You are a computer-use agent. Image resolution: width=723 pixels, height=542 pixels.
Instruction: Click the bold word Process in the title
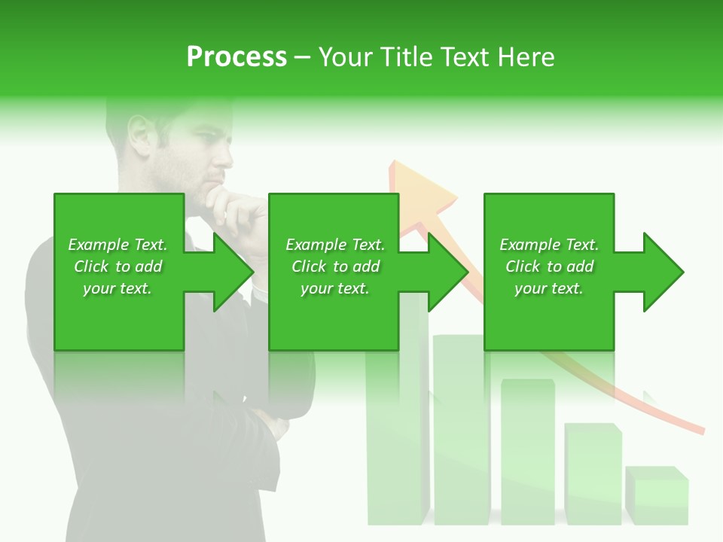[236, 57]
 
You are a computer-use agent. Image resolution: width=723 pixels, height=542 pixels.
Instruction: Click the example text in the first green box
[118, 266]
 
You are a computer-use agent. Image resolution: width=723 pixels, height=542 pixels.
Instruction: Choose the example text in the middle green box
[335, 266]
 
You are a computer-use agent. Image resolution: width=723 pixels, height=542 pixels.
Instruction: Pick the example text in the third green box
[549, 266]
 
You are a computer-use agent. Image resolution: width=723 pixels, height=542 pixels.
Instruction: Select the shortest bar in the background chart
[657, 496]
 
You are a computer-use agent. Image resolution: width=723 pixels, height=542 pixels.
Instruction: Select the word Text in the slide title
[463, 57]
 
